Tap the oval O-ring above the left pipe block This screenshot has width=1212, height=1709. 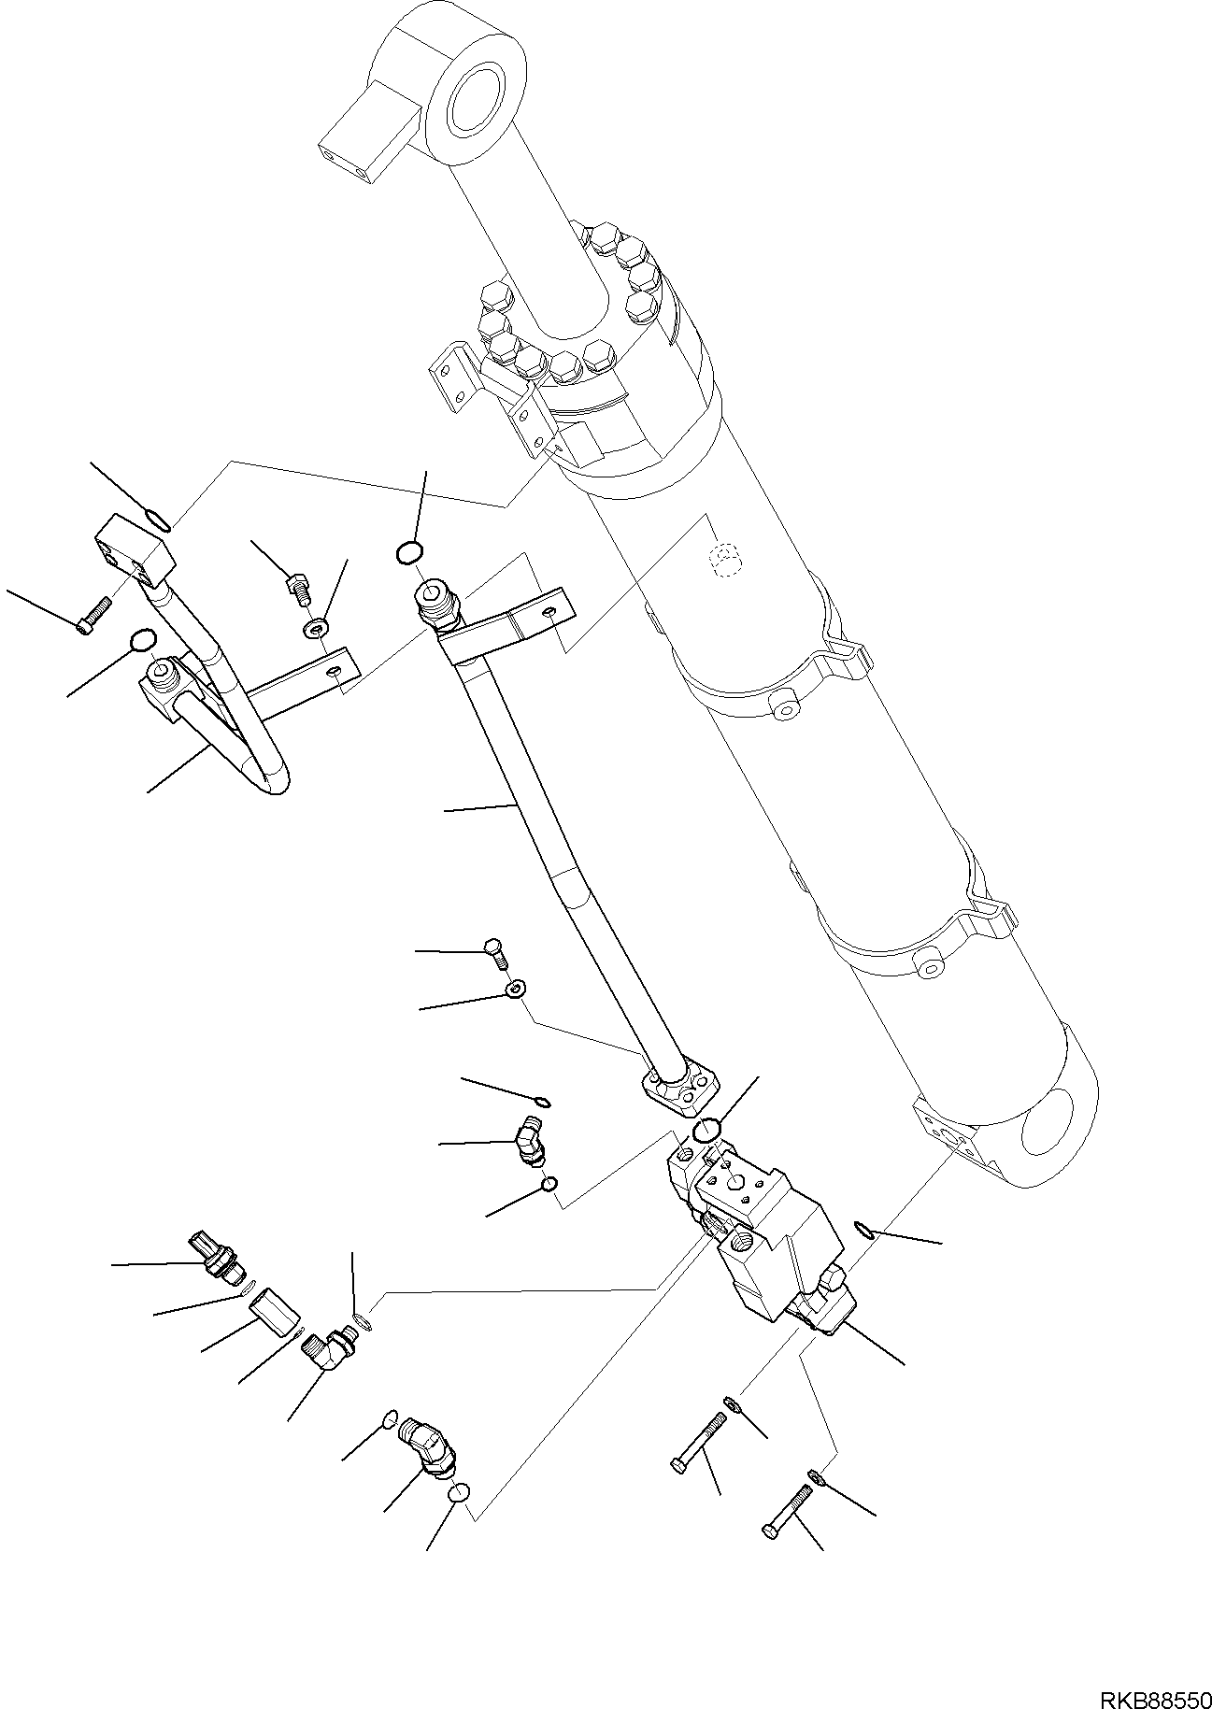tap(158, 518)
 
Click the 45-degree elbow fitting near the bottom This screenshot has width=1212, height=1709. tap(429, 1464)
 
